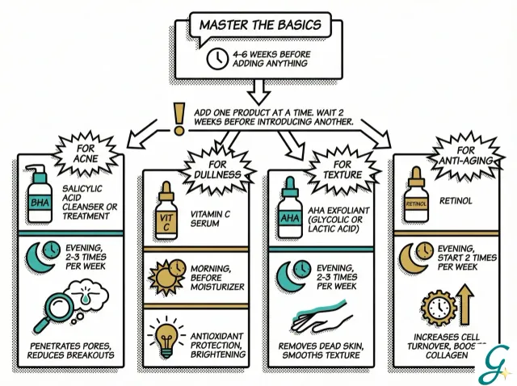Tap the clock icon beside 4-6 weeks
pos(217,59)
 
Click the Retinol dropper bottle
pos(415,199)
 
